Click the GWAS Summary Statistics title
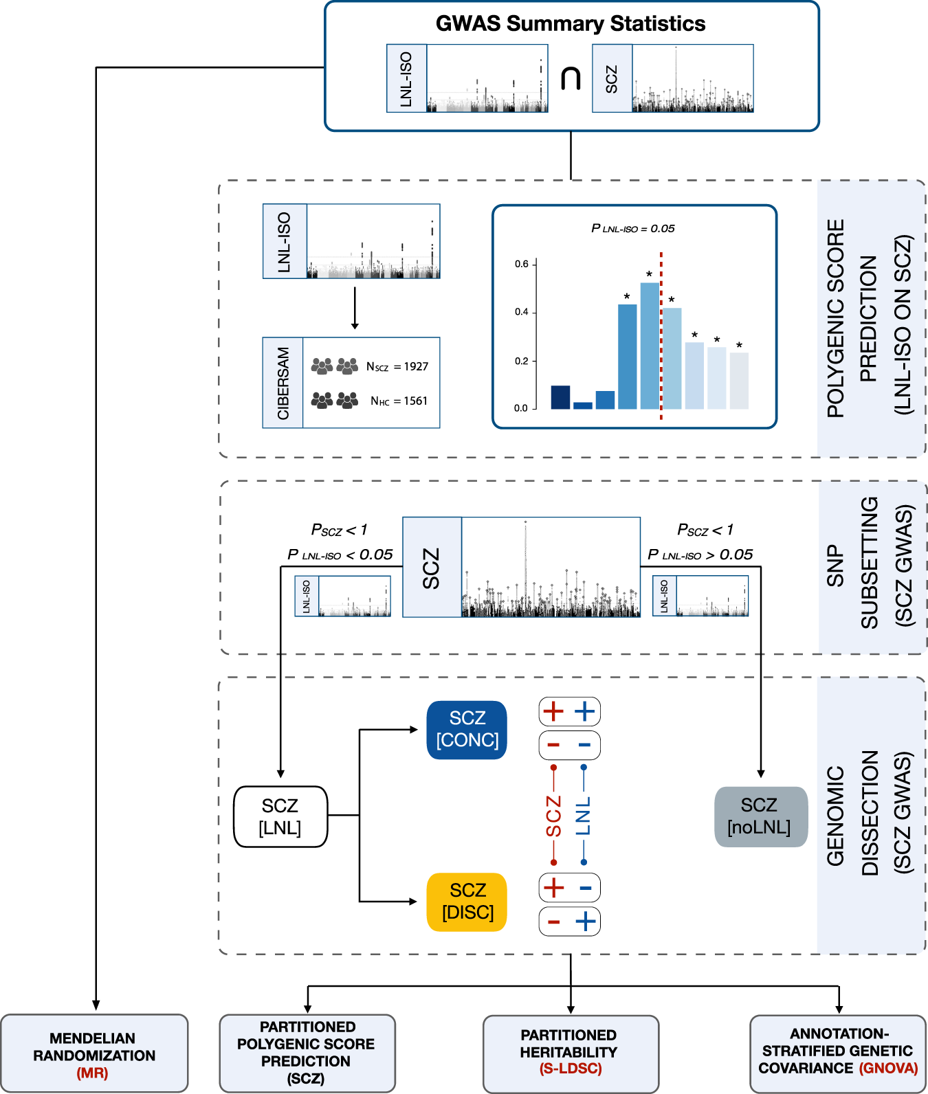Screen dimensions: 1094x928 click(571, 24)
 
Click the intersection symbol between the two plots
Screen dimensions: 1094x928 click(571, 78)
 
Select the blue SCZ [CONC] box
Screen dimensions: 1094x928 click(467, 730)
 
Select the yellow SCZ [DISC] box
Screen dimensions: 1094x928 click(467, 902)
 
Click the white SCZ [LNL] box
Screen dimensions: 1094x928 click(280, 816)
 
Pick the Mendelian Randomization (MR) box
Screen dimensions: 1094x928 click(94, 1054)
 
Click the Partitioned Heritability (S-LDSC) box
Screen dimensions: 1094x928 click(571, 1053)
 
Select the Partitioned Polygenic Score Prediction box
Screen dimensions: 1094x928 click(307, 1053)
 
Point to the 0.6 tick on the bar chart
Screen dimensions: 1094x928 click(522, 264)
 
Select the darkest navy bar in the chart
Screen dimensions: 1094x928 click(560, 397)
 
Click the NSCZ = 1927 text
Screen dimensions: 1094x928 click(397, 367)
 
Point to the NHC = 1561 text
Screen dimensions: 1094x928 click(399, 401)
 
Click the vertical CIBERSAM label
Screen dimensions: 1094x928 click(283, 383)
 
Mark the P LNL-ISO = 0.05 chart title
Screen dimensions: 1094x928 click(633, 229)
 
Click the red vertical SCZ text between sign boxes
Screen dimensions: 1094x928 click(553, 816)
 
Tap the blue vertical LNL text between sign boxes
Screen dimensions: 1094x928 click(584, 816)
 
